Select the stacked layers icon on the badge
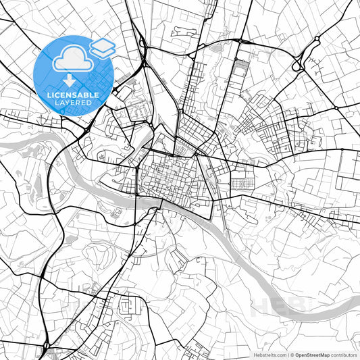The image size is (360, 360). pyautogui.click(x=102, y=47)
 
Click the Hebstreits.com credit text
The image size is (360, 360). pyautogui.click(x=269, y=355)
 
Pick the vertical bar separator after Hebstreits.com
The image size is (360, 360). pyautogui.click(x=287, y=355)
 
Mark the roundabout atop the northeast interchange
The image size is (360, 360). pyautogui.click(x=316, y=42)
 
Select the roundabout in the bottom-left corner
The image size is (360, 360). pyautogui.click(x=46, y=346)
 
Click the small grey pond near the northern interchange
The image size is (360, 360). pyautogui.click(x=217, y=48)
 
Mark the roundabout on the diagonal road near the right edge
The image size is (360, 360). pyautogui.click(x=336, y=108)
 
